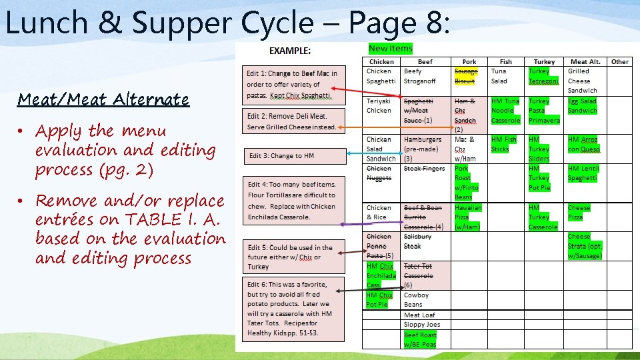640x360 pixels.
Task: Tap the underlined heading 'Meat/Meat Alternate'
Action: [x=103, y=100]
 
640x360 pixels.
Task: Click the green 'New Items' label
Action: [x=391, y=48]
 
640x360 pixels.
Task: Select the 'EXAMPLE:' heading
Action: [x=289, y=51]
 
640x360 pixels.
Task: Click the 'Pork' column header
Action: [x=469, y=62]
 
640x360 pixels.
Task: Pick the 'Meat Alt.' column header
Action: [x=586, y=62]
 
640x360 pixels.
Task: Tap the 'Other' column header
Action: [x=620, y=62]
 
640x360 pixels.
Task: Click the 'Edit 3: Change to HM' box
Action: [x=295, y=156]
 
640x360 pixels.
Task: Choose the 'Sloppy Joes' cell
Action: [x=421, y=325]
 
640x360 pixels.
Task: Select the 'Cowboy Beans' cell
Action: [x=417, y=300]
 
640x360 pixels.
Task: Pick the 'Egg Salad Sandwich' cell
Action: [x=582, y=106]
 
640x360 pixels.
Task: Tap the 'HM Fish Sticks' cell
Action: [x=504, y=144]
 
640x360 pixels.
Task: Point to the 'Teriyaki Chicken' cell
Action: [x=379, y=106]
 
